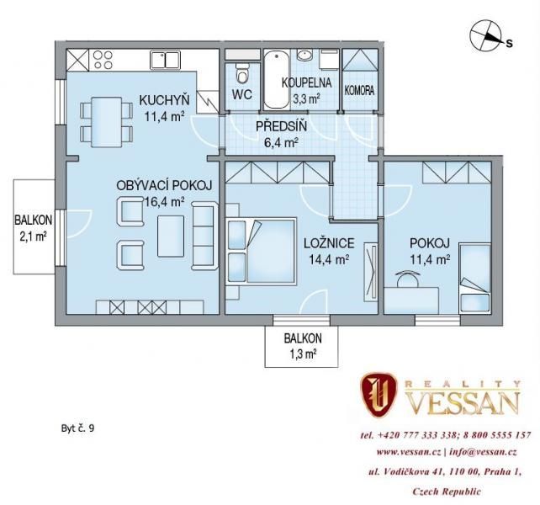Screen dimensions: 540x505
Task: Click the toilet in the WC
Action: (241, 74)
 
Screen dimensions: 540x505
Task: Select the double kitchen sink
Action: (166, 60)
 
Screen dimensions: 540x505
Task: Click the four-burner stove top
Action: (103, 60)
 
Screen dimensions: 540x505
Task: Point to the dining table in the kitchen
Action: (107, 122)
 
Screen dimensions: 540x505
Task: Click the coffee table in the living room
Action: (171, 237)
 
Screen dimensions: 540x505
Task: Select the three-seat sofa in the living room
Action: (205, 236)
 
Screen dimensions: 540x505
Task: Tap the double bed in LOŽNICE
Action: (262, 251)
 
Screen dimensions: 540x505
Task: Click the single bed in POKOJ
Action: (474, 278)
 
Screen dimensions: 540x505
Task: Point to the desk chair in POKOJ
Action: (408, 278)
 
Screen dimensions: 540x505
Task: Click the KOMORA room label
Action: (359, 91)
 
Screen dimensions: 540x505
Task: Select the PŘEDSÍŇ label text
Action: (281, 126)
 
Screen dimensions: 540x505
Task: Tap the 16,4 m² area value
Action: (164, 202)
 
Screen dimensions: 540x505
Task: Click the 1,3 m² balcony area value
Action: (301, 354)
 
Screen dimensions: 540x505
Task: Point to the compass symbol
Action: (484, 35)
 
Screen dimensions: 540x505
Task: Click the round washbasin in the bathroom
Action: (304, 55)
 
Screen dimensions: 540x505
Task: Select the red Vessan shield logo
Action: (379, 395)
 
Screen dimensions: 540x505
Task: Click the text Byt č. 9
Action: (77, 428)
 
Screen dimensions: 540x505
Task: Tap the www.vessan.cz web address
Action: (409, 452)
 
